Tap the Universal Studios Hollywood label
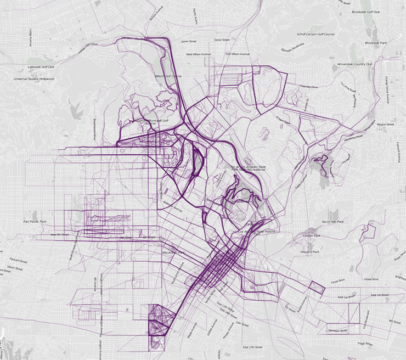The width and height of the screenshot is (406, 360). point(35,79)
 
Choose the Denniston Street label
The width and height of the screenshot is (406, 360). point(338,330)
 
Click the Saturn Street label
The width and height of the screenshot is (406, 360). point(17,269)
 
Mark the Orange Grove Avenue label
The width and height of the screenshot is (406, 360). point(386,71)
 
